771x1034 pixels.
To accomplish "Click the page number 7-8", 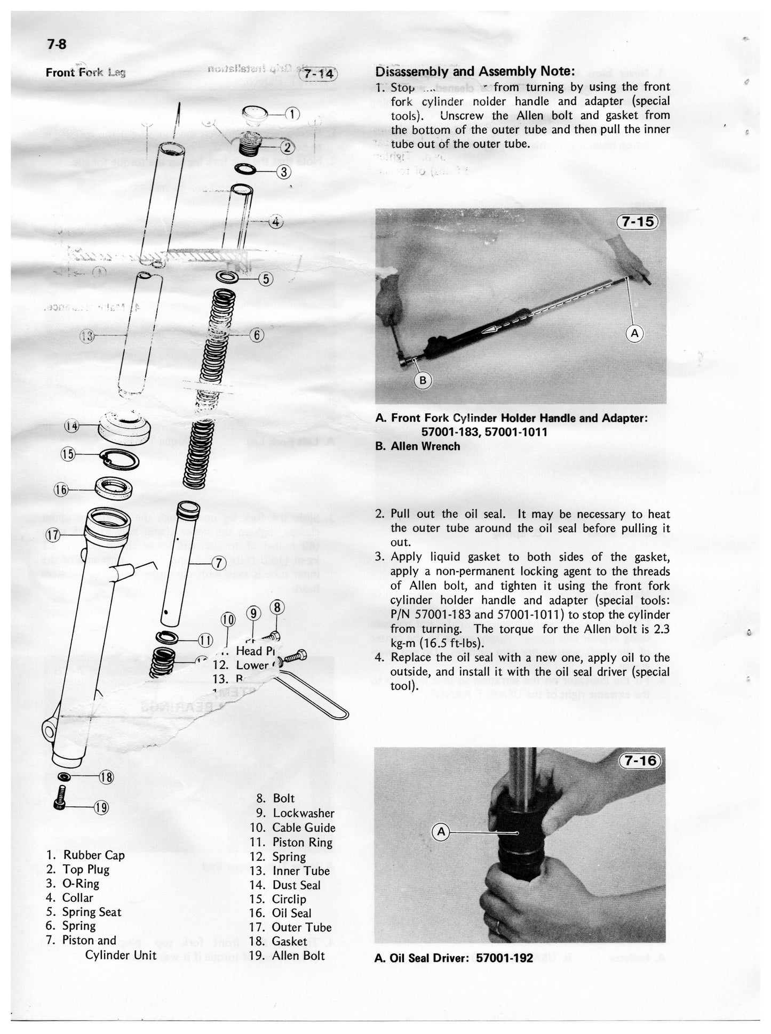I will pyautogui.click(x=57, y=45).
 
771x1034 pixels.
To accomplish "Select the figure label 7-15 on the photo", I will pyautogui.click(x=639, y=221).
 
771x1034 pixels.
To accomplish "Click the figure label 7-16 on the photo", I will pyautogui.click(x=641, y=761).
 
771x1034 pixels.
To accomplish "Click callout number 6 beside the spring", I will pyautogui.click(x=257, y=335).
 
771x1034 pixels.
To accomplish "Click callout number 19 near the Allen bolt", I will pyautogui.click(x=101, y=807).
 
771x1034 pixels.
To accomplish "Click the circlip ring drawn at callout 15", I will pyautogui.click(x=120, y=459).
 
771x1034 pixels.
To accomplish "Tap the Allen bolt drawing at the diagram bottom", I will pyautogui.click(x=60, y=798).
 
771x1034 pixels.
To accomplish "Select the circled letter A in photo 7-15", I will pyautogui.click(x=634, y=334).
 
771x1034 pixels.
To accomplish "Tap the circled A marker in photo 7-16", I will pyautogui.click(x=441, y=831).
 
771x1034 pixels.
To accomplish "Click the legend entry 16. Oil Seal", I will pyautogui.click(x=281, y=913).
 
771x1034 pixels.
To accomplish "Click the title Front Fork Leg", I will pyautogui.click(x=85, y=72).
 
